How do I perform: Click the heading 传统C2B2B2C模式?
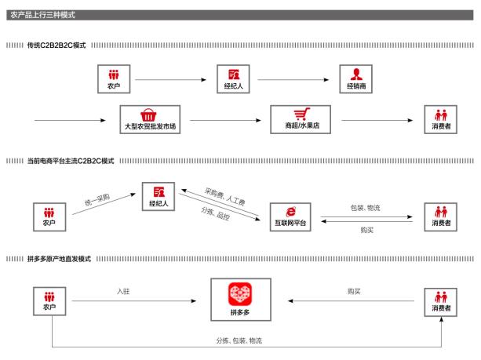point(56,46)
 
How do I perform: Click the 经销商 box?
point(357,79)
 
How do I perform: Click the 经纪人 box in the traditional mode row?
point(233,79)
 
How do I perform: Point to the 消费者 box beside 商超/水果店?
point(441,119)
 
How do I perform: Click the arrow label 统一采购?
point(96,198)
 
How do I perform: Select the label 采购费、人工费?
point(224,196)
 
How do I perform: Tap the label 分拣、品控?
point(217,213)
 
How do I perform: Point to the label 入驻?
point(123,291)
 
